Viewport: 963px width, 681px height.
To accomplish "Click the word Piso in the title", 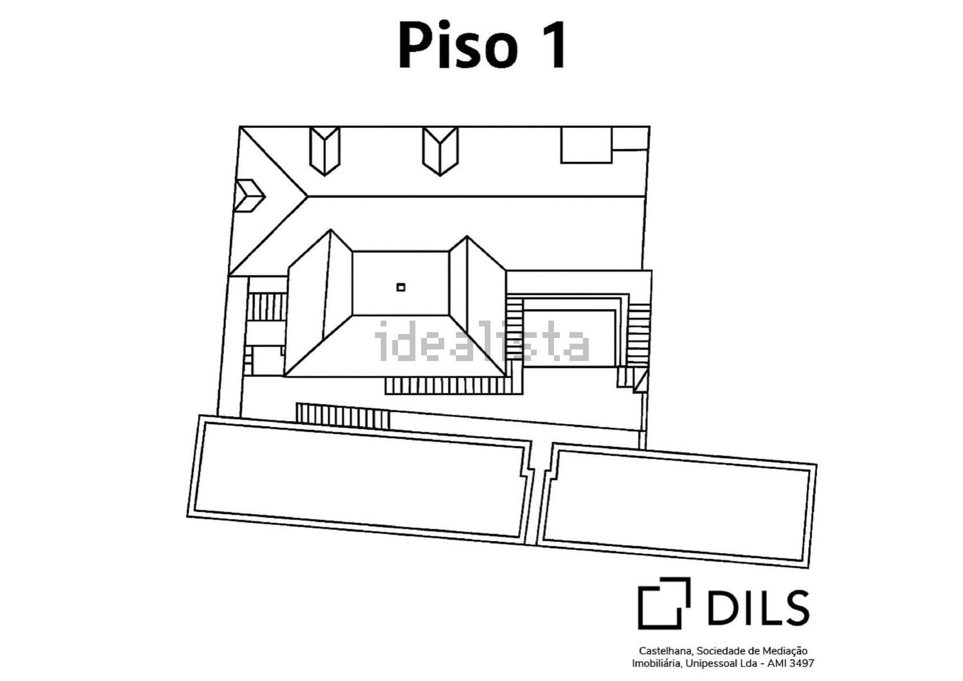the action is (x=458, y=45).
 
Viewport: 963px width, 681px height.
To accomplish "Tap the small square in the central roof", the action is (x=401, y=287).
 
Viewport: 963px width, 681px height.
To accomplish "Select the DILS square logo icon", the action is (x=664, y=603).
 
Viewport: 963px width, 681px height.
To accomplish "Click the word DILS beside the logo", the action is (x=758, y=607).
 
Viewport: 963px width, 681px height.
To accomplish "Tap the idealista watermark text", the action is (x=482, y=340).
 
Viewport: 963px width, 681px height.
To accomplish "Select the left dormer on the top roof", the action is (x=325, y=151).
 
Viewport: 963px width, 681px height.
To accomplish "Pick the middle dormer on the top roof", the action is (x=440, y=151).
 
